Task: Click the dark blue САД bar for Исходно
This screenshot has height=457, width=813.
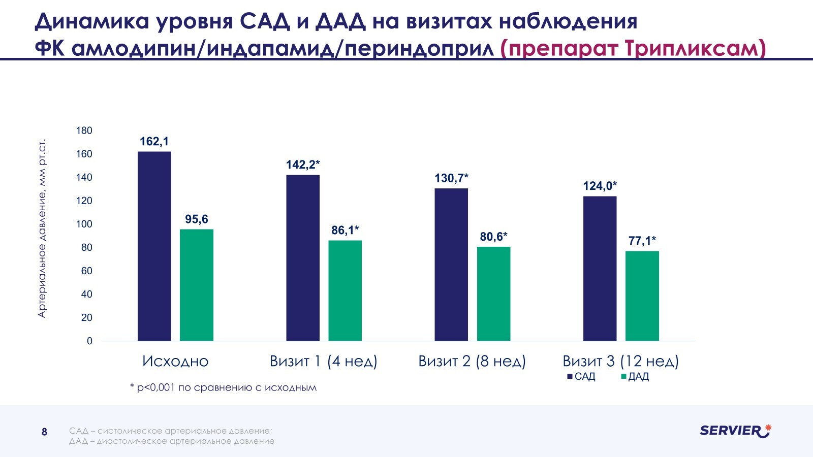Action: tap(154, 246)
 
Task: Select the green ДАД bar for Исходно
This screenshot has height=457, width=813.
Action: tap(196, 285)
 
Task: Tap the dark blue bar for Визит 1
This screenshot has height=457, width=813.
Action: tap(303, 258)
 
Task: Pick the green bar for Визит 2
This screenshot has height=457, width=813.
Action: tap(493, 293)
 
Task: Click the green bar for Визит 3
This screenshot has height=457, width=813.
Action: tap(642, 296)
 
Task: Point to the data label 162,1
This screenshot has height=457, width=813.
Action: tap(154, 142)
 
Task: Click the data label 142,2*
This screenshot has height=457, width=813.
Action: tap(303, 165)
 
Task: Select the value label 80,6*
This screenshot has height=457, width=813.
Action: tap(493, 237)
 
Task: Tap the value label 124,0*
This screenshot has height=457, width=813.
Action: tap(600, 186)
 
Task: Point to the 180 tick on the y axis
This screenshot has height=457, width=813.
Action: tap(84, 130)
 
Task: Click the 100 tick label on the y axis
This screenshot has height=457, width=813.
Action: tap(84, 224)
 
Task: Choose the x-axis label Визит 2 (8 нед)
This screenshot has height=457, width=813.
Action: tap(472, 361)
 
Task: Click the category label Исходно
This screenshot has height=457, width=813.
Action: tap(175, 361)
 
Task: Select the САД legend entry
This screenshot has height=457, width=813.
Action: tap(581, 376)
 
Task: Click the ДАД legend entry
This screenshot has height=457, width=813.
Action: tap(635, 376)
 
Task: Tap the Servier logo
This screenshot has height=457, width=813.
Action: tap(735, 431)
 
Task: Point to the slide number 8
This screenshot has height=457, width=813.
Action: tap(44, 432)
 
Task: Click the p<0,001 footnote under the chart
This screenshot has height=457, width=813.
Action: tap(223, 388)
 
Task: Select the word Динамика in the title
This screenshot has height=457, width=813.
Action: tap(91, 21)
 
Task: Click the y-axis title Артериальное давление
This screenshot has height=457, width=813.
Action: tap(42, 228)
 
